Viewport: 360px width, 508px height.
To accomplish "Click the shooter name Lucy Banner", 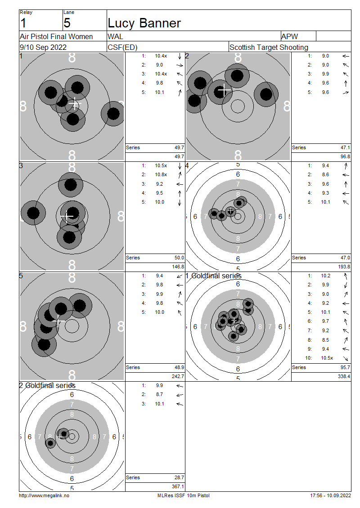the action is [x=144, y=23].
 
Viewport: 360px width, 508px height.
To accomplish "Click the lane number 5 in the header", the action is [x=67, y=23].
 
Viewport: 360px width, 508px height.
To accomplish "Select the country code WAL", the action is [x=116, y=36].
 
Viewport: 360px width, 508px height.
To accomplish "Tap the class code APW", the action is [x=290, y=36].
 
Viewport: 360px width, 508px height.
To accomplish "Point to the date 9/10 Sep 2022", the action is [x=43, y=47].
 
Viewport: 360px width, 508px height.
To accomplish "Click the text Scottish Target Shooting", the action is [x=269, y=47].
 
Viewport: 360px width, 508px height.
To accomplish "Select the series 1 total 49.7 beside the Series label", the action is [x=180, y=148].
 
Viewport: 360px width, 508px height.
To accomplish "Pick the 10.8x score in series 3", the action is [x=161, y=174].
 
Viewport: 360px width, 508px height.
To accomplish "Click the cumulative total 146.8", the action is [x=178, y=267].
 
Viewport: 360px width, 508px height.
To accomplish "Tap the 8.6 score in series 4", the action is [x=326, y=174].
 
